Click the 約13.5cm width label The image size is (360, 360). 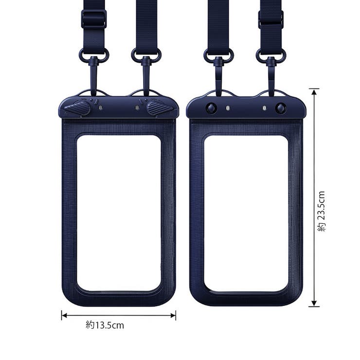105,325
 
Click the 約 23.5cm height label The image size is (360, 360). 322,211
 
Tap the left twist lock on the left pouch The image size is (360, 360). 78,108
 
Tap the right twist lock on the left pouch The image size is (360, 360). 159,108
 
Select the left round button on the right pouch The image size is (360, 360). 211,108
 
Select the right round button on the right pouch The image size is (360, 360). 281,108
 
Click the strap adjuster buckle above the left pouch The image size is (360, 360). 94,19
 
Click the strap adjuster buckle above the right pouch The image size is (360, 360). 271,19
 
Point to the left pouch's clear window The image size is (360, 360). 119,213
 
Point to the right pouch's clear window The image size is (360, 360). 246,214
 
